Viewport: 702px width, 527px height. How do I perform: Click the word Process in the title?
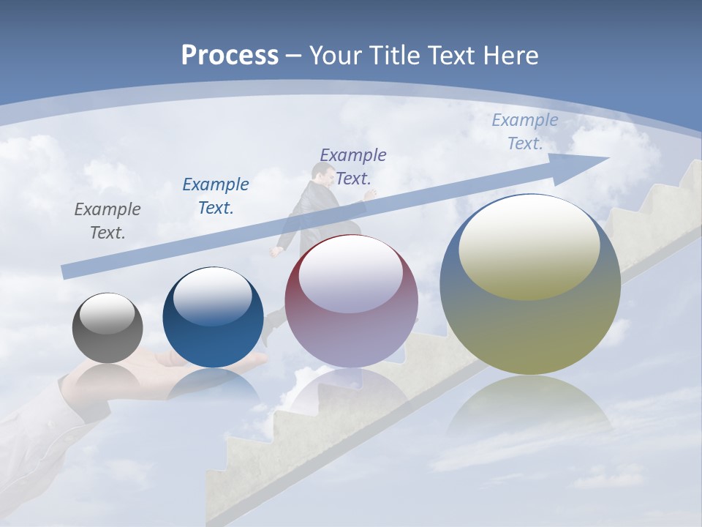pyautogui.click(x=230, y=56)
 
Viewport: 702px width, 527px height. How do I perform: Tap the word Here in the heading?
pyautogui.click(x=509, y=56)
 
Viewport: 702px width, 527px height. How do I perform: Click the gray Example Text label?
pyautogui.click(x=107, y=221)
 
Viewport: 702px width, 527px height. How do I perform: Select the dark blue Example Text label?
pyautogui.click(x=216, y=196)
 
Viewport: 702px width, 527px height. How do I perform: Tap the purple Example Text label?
pyautogui.click(x=353, y=166)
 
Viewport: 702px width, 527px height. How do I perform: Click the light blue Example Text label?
pyautogui.click(x=524, y=132)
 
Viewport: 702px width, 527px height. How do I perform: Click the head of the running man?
pyautogui.click(x=322, y=173)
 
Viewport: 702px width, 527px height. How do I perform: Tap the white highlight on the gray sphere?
pyautogui.click(x=107, y=314)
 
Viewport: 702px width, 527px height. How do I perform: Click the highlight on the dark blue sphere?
pyautogui.click(x=213, y=296)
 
